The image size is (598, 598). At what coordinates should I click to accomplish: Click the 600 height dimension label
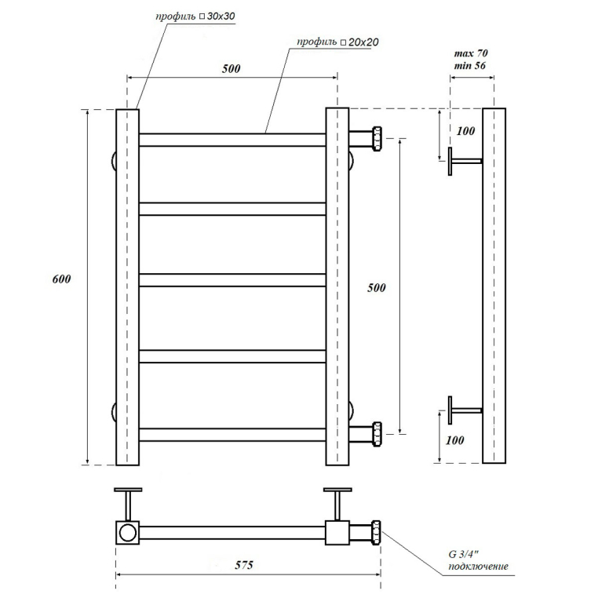(x=61, y=279)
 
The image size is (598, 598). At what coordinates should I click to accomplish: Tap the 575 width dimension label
(x=244, y=565)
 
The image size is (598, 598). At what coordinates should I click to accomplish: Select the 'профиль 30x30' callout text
(x=195, y=16)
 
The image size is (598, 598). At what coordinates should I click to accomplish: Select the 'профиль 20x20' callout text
(x=338, y=42)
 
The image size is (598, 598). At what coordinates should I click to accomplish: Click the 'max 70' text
(x=471, y=53)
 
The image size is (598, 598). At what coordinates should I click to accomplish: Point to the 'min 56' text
(x=470, y=66)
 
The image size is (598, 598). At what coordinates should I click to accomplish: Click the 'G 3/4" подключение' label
(x=478, y=560)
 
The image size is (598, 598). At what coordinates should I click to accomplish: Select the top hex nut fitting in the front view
(x=377, y=139)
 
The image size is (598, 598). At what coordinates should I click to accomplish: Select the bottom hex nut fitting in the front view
(x=377, y=435)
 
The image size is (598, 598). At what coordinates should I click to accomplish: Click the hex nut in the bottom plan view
(x=377, y=533)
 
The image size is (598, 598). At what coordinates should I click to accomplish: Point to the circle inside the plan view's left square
(x=127, y=533)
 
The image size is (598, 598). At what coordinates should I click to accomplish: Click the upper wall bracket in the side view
(x=465, y=162)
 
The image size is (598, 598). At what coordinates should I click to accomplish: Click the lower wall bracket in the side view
(x=465, y=410)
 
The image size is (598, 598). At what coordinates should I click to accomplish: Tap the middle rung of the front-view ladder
(x=232, y=280)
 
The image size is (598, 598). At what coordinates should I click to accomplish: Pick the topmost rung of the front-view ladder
(x=232, y=140)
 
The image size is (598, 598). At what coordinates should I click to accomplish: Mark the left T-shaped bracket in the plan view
(x=128, y=504)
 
